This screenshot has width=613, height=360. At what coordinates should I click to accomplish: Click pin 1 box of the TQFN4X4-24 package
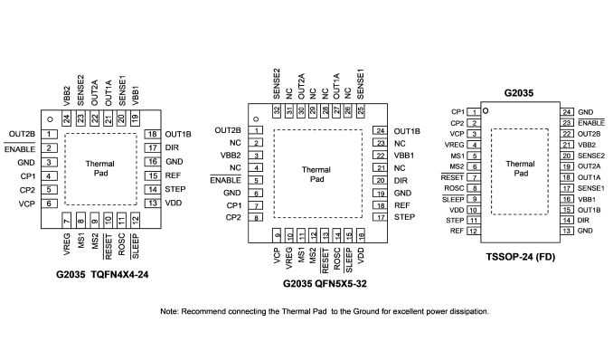pos(49,134)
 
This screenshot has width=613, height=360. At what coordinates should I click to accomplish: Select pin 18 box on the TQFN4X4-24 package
pos(153,134)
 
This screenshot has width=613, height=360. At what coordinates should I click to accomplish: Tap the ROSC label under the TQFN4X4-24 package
pos(121,244)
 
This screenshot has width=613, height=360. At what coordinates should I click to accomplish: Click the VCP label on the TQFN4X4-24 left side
pos(26,204)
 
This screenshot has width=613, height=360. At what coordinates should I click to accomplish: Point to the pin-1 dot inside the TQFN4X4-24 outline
pos(50,119)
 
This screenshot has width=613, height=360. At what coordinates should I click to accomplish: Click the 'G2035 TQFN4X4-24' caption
pos(102,274)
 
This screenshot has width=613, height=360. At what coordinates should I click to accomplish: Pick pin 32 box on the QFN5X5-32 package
pos(277,110)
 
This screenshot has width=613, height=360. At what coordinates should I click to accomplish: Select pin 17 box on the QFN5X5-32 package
pos(381,217)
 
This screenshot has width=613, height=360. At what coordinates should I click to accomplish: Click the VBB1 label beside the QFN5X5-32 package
pos(404,156)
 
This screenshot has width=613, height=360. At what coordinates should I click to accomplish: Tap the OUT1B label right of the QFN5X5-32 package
pos(407,131)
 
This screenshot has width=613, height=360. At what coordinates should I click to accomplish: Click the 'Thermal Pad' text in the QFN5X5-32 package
pos(316,175)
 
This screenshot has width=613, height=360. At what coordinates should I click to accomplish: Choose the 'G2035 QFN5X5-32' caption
pos(325,283)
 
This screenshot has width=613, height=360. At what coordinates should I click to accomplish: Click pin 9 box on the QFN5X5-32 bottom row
pos(277,235)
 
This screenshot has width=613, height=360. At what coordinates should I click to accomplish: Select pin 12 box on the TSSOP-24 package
pos(474,231)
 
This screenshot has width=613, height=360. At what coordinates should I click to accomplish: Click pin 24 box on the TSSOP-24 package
pos(567,112)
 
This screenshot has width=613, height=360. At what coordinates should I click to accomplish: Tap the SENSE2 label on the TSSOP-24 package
pos(591,156)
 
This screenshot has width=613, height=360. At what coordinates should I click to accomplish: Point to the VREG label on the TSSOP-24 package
pos(454,145)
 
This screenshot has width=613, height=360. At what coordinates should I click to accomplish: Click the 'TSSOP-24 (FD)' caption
pos(521,257)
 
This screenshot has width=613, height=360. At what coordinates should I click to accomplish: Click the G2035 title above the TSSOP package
pos(519,93)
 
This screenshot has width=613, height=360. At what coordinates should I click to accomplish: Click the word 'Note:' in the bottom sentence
pos(170,311)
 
